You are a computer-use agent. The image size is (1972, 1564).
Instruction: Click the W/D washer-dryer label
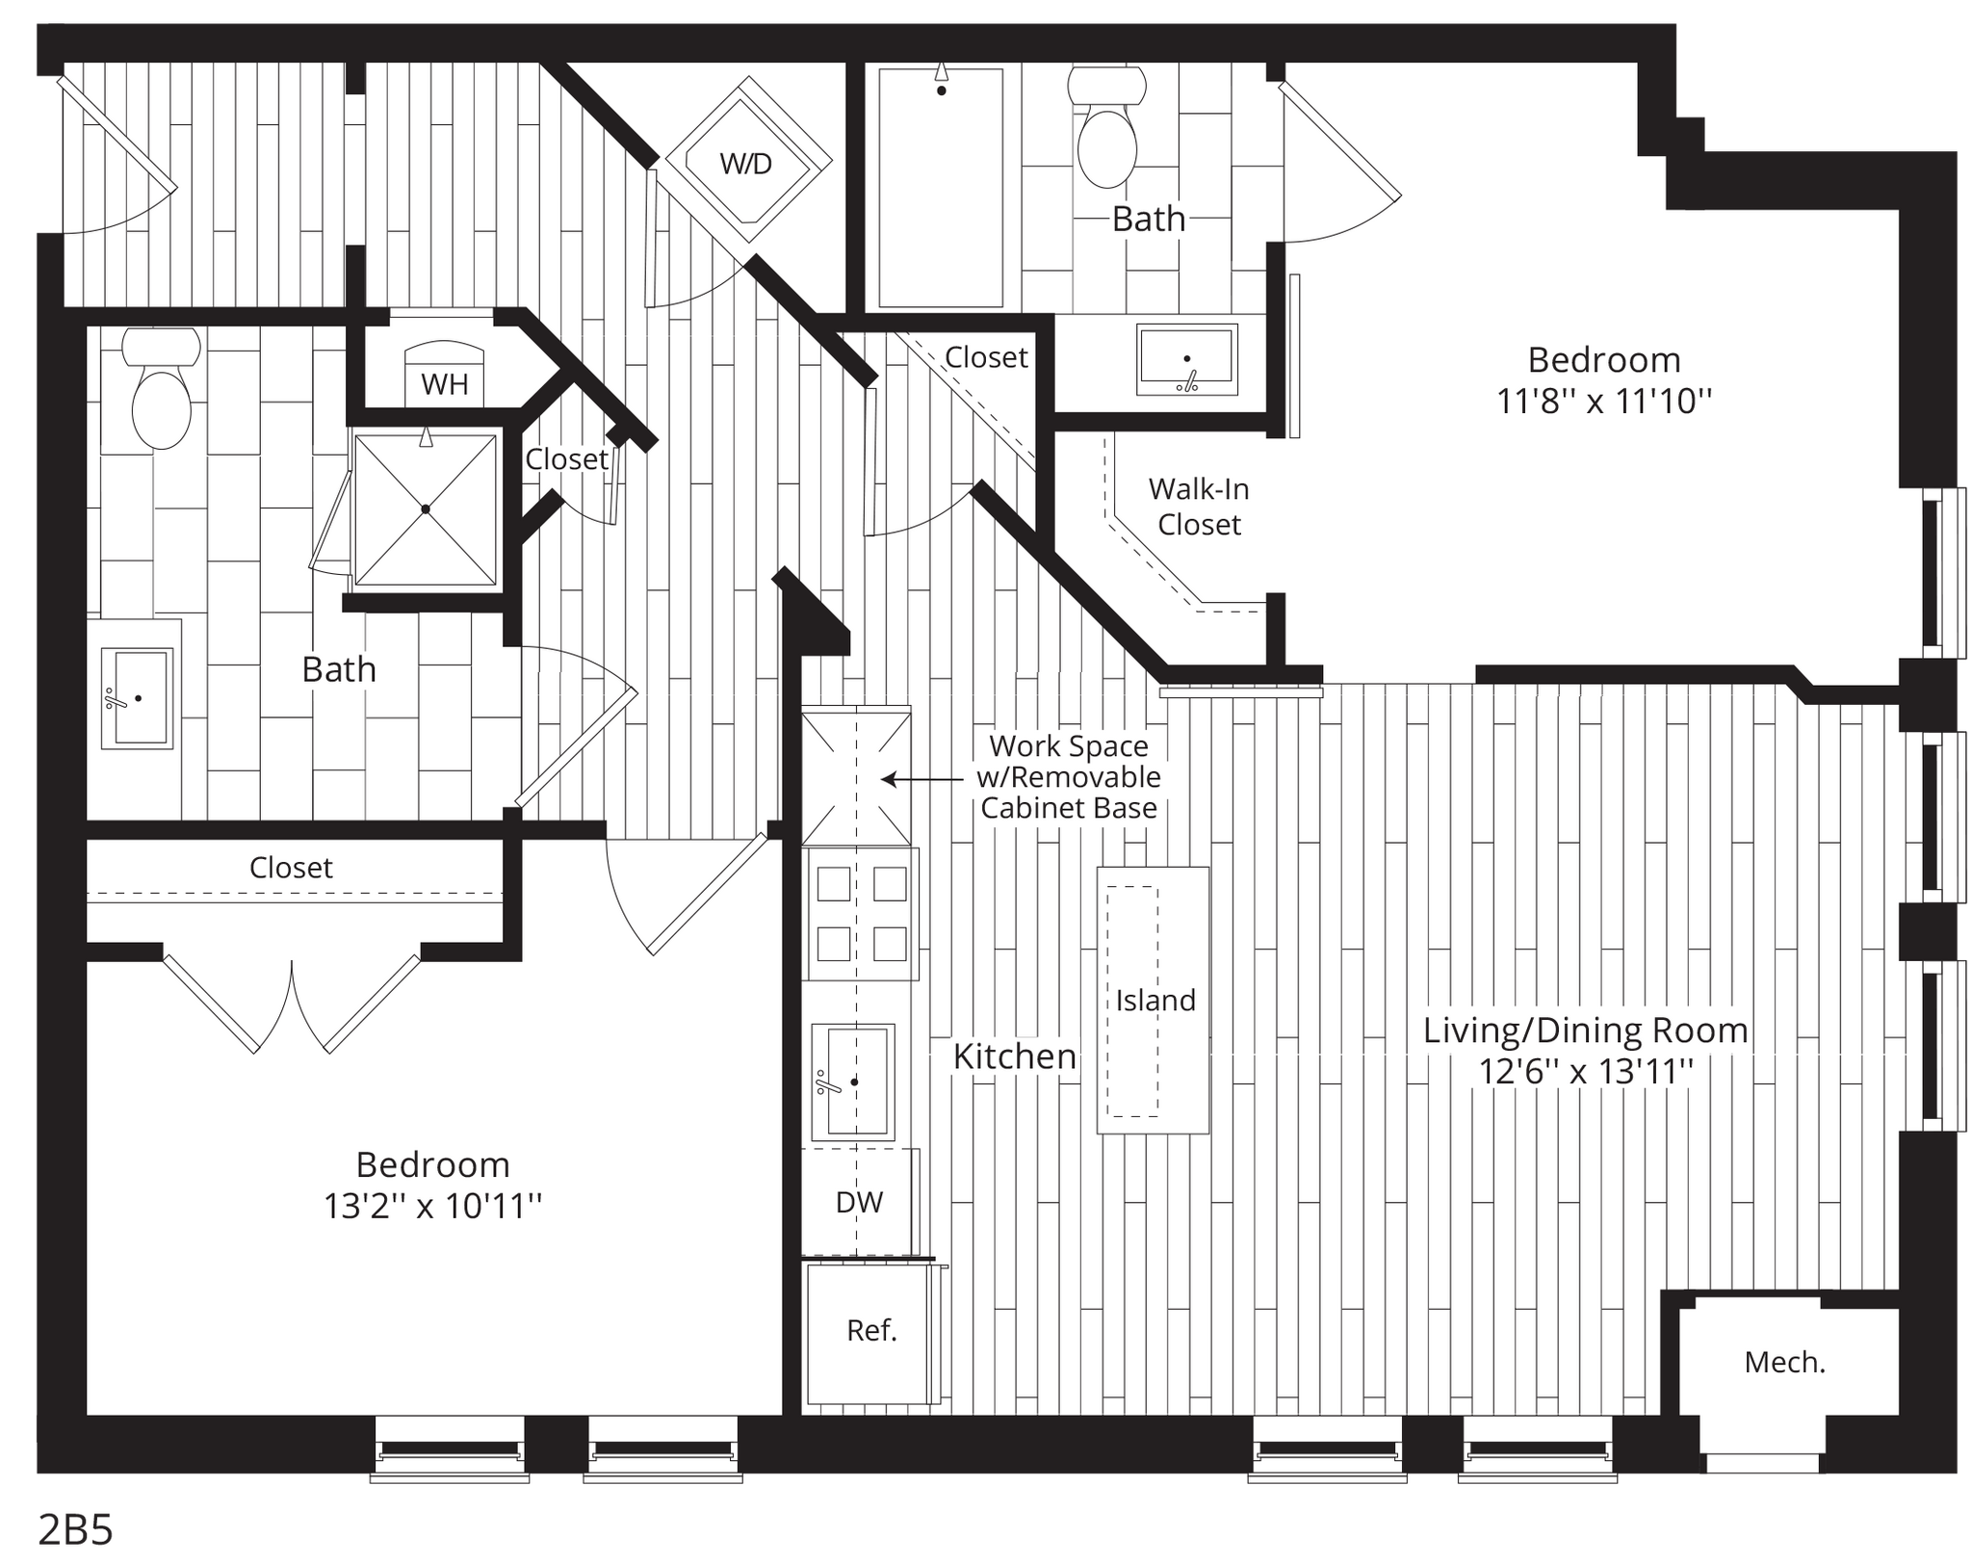(746, 164)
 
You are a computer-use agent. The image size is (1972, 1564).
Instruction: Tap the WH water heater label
(445, 384)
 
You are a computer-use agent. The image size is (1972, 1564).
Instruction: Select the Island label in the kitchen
(1155, 1001)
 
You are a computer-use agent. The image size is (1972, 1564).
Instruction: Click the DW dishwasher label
(859, 1202)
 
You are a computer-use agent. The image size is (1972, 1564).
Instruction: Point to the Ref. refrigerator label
(871, 1330)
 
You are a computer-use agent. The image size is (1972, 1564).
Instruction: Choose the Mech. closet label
(1785, 1362)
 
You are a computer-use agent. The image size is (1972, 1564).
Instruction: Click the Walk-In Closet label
(1199, 507)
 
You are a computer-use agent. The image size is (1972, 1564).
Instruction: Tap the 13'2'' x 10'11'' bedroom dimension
(433, 1206)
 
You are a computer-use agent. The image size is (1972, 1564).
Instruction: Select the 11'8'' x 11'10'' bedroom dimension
(1604, 401)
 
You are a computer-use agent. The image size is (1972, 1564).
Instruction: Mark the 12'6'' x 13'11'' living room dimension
(1586, 1071)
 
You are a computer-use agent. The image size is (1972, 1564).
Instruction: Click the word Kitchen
(1015, 1056)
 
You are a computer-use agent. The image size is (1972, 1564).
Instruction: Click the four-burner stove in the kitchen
(862, 913)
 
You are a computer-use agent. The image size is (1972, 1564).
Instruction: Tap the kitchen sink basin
(853, 1082)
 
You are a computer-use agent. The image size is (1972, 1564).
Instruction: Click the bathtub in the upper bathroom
(941, 188)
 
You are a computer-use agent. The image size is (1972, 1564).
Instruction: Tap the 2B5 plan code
(75, 1529)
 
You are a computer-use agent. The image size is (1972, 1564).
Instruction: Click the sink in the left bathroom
(137, 697)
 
